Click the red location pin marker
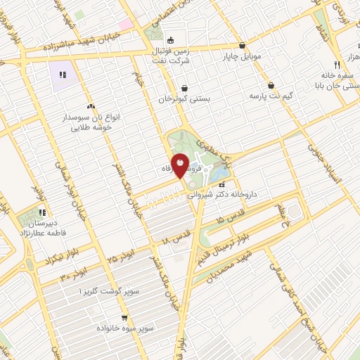click(181, 166)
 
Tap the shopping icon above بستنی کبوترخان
click(184, 89)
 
